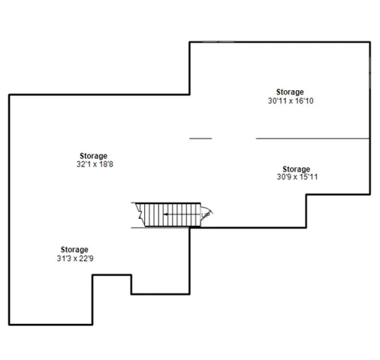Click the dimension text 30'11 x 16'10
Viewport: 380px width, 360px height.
(290, 100)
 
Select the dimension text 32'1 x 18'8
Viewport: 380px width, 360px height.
(92, 164)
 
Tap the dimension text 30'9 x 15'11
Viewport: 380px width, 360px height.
(296, 178)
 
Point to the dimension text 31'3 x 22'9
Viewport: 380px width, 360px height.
(74, 258)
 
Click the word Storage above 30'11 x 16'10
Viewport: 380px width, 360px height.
(290, 91)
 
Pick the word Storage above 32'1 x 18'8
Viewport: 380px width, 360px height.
(92, 156)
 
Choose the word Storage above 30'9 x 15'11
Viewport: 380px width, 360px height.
(296, 169)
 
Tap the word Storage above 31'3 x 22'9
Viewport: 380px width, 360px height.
(74, 249)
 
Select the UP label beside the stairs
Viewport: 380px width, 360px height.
(206, 214)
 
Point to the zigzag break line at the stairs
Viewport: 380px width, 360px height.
(139, 215)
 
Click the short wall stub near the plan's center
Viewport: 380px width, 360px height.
(200, 138)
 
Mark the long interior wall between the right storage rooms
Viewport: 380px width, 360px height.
(312, 138)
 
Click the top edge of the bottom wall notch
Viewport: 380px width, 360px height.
(112, 275)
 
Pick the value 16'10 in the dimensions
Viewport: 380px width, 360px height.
(303, 100)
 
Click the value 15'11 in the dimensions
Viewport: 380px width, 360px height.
(310, 178)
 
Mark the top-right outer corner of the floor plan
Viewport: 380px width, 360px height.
(369, 42)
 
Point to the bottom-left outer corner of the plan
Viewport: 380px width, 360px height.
(9, 325)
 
